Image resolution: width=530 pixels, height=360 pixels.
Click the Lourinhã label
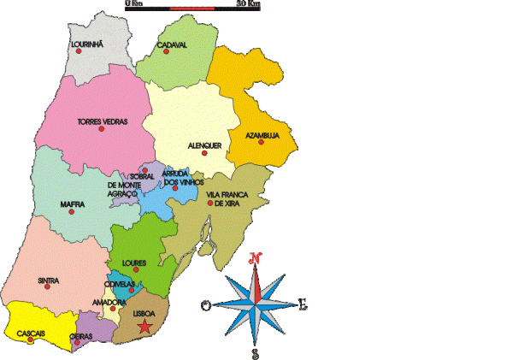pyautogui.click(x=86, y=42)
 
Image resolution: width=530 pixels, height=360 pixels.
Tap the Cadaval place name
pyautogui.click(x=172, y=44)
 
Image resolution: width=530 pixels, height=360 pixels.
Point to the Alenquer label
pyautogui.click(x=204, y=145)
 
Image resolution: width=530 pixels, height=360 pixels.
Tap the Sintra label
pyautogui.click(x=49, y=280)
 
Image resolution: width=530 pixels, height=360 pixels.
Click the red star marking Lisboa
pyautogui.click(x=145, y=327)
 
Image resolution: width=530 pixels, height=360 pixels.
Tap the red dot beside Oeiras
pyautogui.click(x=88, y=344)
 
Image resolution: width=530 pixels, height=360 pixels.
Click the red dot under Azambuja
pyautogui.click(x=261, y=142)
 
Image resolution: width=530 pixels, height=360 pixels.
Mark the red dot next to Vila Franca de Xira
pyautogui.click(x=209, y=204)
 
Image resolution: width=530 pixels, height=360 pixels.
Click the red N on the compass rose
pyautogui.click(x=255, y=257)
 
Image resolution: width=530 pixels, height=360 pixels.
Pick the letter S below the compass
pyautogui.click(x=255, y=351)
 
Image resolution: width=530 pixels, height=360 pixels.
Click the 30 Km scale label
pyautogui.click(x=248, y=4)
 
